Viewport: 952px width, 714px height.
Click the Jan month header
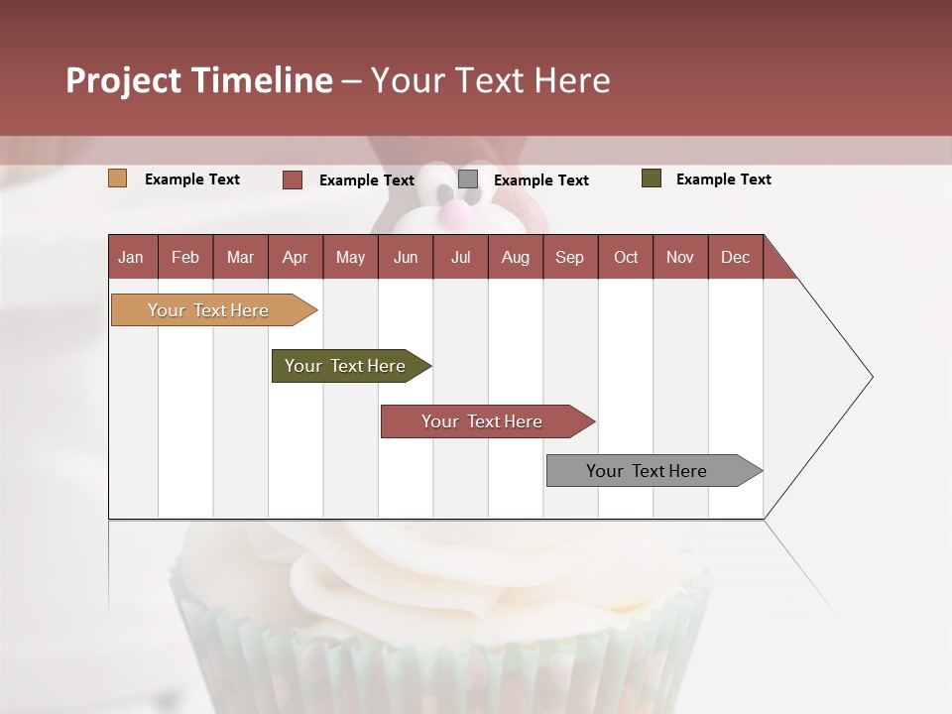click(132, 257)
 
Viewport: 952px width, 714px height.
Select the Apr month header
click(296, 257)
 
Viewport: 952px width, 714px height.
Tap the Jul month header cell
click(460, 257)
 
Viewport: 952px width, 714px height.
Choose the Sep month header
click(569, 257)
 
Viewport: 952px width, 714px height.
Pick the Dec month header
click(735, 257)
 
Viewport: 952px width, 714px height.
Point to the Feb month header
click(185, 257)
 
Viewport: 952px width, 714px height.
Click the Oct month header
click(626, 257)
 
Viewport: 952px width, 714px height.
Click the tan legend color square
click(118, 178)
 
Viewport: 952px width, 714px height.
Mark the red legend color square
click(293, 179)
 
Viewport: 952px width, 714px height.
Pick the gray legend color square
click(468, 179)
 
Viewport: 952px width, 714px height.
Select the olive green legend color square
click(652, 178)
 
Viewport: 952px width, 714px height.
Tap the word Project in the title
click(123, 80)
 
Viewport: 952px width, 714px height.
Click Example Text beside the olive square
click(723, 179)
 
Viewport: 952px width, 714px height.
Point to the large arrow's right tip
click(871, 377)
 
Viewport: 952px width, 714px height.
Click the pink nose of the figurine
click(453, 212)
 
